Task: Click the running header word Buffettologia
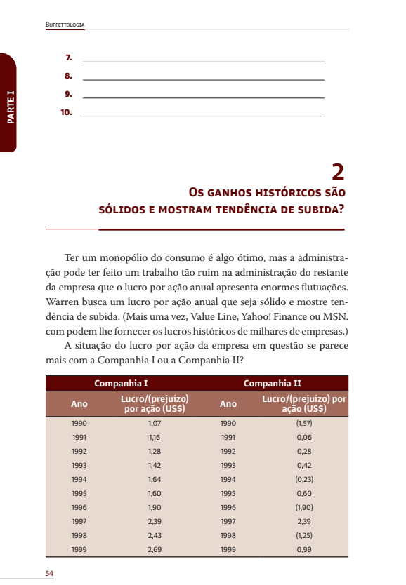(x=65, y=25)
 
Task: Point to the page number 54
(x=49, y=573)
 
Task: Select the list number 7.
(x=69, y=57)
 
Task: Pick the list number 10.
(x=67, y=112)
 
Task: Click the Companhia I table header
(x=121, y=384)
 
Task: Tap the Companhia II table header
(x=272, y=384)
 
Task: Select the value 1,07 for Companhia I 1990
(x=155, y=424)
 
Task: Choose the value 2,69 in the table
(x=155, y=549)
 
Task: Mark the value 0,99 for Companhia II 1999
(x=304, y=549)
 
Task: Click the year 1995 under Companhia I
(x=79, y=493)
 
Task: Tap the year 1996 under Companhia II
(x=228, y=507)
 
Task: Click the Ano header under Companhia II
(x=228, y=404)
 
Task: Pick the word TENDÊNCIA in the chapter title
(x=268, y=208)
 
